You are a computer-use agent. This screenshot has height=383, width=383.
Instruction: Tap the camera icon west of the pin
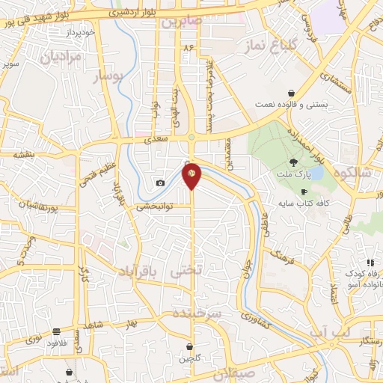coord(160,183)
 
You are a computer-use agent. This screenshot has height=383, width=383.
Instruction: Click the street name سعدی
coord(155,139)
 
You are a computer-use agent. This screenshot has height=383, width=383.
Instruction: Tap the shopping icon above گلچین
coord(189,346)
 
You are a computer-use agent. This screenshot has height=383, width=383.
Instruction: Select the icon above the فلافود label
coord(57,331)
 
